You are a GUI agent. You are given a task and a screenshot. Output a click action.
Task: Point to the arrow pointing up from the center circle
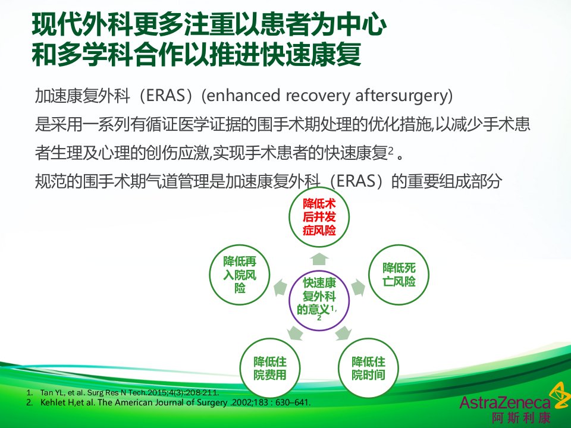pos(319,259)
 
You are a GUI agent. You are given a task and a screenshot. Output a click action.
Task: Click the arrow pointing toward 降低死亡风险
pos(357,288)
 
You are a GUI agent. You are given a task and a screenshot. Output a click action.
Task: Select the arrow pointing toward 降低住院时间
pos(343,333)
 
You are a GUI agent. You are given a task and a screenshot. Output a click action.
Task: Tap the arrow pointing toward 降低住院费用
pos(296,333)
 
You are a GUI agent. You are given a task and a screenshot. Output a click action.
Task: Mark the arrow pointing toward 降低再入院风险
pos(280,288)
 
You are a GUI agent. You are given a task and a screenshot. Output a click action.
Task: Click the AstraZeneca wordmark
pos(505,403)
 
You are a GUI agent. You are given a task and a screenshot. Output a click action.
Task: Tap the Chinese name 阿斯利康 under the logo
pos(521,418)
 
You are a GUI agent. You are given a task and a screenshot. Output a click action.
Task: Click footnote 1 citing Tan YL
pos(123,393)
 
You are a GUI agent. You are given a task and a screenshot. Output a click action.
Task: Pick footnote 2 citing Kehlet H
pos(168,402)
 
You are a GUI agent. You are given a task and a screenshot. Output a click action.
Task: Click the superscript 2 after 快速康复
pos(391,150)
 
